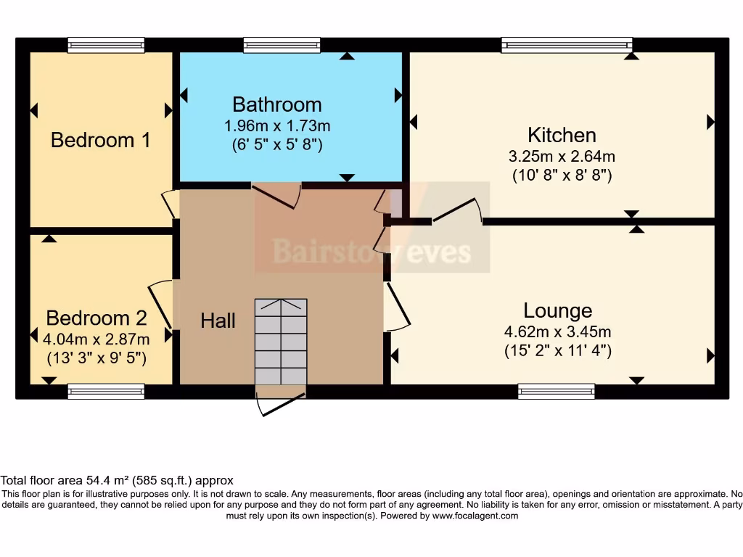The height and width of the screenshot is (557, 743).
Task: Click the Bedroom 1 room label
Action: pos(101,139)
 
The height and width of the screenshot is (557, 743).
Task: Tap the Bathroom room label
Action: pos(276,104)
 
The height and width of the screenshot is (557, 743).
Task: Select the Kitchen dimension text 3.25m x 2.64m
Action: pos(562,156)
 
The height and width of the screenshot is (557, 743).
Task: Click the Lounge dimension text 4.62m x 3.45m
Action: pos(557,332)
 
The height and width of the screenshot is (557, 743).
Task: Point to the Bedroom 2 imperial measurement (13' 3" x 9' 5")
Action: pos(97,357)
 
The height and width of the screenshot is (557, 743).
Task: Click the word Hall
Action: pos(218,320)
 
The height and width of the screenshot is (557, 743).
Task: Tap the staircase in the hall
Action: pos(281,341)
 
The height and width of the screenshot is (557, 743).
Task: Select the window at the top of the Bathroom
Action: pos(282,45)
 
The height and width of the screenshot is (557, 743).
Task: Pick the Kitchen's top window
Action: pos(567,45)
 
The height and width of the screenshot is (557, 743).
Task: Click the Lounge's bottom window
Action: pos(557,392)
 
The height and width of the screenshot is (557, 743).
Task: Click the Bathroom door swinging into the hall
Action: pos(277,194)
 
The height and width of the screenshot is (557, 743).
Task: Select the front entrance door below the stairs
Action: pos(281,404)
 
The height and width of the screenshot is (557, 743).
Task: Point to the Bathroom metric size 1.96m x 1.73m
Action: pos(276,125)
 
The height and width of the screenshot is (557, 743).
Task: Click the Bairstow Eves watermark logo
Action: pos(371,252)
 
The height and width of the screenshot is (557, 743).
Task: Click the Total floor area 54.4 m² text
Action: pos(116,480)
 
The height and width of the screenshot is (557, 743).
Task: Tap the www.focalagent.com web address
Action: pos(475,516)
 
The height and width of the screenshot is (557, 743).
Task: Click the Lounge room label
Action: pos(557,310)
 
